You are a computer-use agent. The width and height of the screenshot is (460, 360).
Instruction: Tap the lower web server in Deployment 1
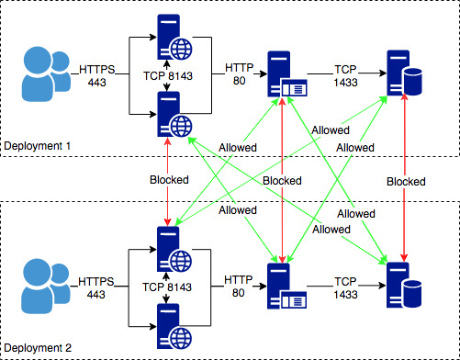click(168, 114)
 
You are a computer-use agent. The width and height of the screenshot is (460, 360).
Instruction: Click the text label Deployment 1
click(37, 146)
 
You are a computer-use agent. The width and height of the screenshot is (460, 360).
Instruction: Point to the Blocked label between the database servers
click(406, 181)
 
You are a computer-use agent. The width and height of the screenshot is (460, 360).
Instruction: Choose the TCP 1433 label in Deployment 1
click(346, 75)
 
